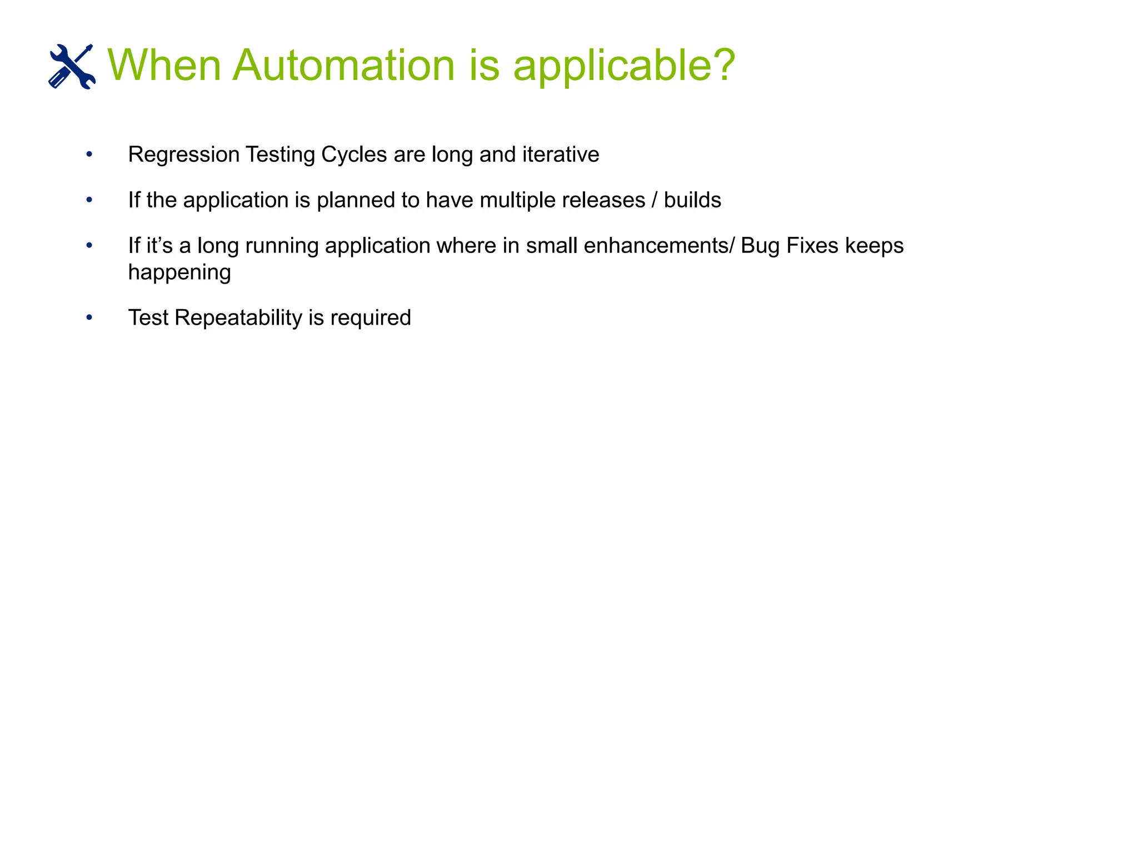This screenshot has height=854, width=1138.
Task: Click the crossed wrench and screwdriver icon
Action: click(72, 66)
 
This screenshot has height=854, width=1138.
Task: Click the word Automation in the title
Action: click(343, 65)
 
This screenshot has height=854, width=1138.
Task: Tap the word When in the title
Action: click(164, 65)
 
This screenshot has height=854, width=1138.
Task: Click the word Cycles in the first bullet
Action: click(354, 155)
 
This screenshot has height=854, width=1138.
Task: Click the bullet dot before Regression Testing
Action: click(89, 154)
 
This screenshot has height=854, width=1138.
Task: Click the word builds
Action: click(692, 200)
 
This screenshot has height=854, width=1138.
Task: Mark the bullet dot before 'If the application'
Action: click(89, 200)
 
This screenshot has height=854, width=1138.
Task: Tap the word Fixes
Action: click(812, 246)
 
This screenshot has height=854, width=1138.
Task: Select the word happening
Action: click(179, 273)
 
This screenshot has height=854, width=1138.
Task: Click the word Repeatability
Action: click(238, 318)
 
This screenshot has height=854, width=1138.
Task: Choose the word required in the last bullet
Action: click(371, 319)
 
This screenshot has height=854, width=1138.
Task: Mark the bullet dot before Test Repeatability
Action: click(89, 317)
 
